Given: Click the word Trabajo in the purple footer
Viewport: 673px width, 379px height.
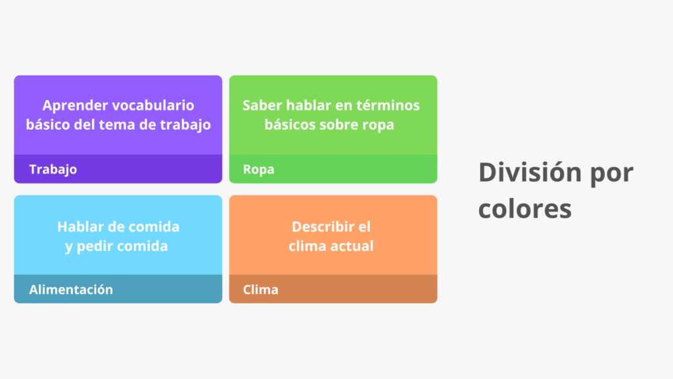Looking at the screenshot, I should click(53, 169).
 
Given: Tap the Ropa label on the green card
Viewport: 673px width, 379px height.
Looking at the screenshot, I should click(258, 169).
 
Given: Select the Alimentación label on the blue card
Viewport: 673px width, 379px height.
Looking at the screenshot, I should click(71, 290).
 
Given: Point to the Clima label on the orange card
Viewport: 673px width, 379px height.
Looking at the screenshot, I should click(260, 290).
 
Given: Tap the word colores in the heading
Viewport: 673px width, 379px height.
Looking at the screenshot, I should click(524, 209).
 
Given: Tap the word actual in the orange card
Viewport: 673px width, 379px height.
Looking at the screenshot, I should click(352, 246).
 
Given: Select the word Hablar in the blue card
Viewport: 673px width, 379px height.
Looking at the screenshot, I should click(80, 227).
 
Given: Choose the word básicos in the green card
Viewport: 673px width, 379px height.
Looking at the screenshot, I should click(290, 124).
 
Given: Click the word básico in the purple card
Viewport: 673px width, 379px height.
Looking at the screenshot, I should click(47, 124).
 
